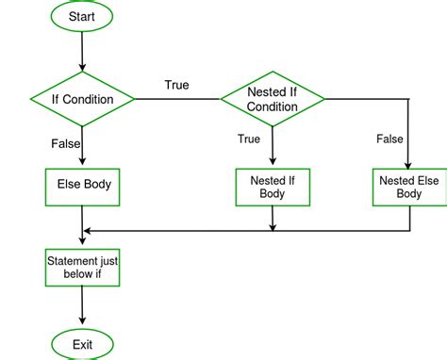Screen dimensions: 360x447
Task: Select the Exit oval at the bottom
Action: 83,344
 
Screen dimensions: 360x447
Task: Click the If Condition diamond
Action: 83,99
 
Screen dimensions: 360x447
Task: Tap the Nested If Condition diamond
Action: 273,99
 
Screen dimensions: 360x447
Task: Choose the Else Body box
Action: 83,185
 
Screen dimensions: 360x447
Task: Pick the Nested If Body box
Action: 273,187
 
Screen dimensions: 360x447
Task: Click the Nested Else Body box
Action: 409,187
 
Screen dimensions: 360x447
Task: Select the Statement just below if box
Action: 83,267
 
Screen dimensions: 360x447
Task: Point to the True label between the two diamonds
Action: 176,86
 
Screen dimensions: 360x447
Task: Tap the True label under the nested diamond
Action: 249,139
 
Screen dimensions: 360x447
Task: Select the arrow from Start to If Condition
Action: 83,54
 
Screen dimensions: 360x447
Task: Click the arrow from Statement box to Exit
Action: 83,306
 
